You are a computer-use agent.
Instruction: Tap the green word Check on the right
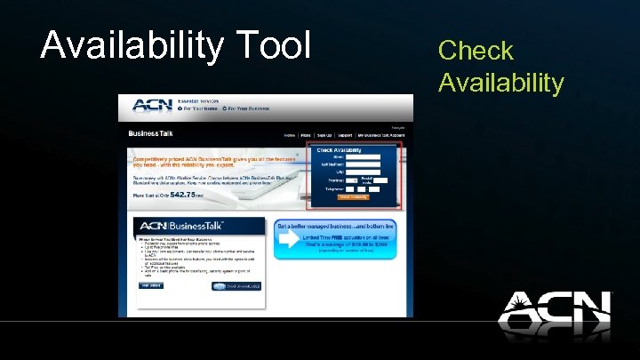click(x=476, y=51)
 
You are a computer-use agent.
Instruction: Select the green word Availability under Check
click(x=500, y=83)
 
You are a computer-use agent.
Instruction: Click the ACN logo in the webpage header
click(x=151, y=106)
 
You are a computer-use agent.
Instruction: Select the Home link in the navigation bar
click(x=289, y=135)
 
